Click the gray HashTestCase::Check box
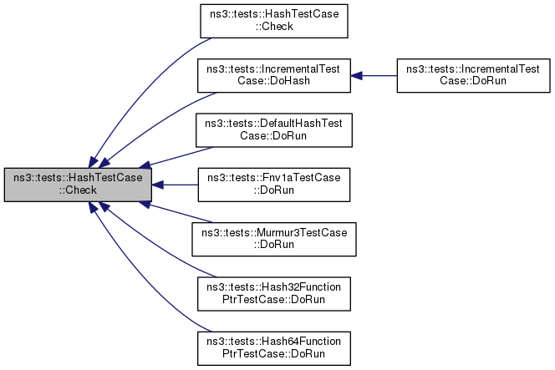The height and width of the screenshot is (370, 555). click(78, 185)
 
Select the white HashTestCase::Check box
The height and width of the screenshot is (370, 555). click(274, 21)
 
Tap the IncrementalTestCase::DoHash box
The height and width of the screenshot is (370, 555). click(274, 76)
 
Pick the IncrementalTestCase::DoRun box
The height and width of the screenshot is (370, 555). click(474, 76)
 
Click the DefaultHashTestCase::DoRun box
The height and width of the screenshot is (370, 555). click(274, 130)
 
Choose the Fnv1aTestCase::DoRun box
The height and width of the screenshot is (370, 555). click(274, 185)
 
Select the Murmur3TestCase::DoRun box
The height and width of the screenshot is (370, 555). click(274, 240)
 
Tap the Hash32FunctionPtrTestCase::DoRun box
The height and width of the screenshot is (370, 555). click(274, 294)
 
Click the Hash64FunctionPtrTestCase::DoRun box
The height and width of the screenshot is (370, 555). click(274, 348)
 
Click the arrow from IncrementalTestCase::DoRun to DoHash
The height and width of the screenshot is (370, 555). click(374, 76)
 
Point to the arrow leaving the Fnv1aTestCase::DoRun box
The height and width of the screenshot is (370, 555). click(175, 185)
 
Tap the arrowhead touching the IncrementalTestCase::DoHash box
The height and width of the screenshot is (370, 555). click(356, 76)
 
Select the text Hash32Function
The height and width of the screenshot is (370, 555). click(301, 286)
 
